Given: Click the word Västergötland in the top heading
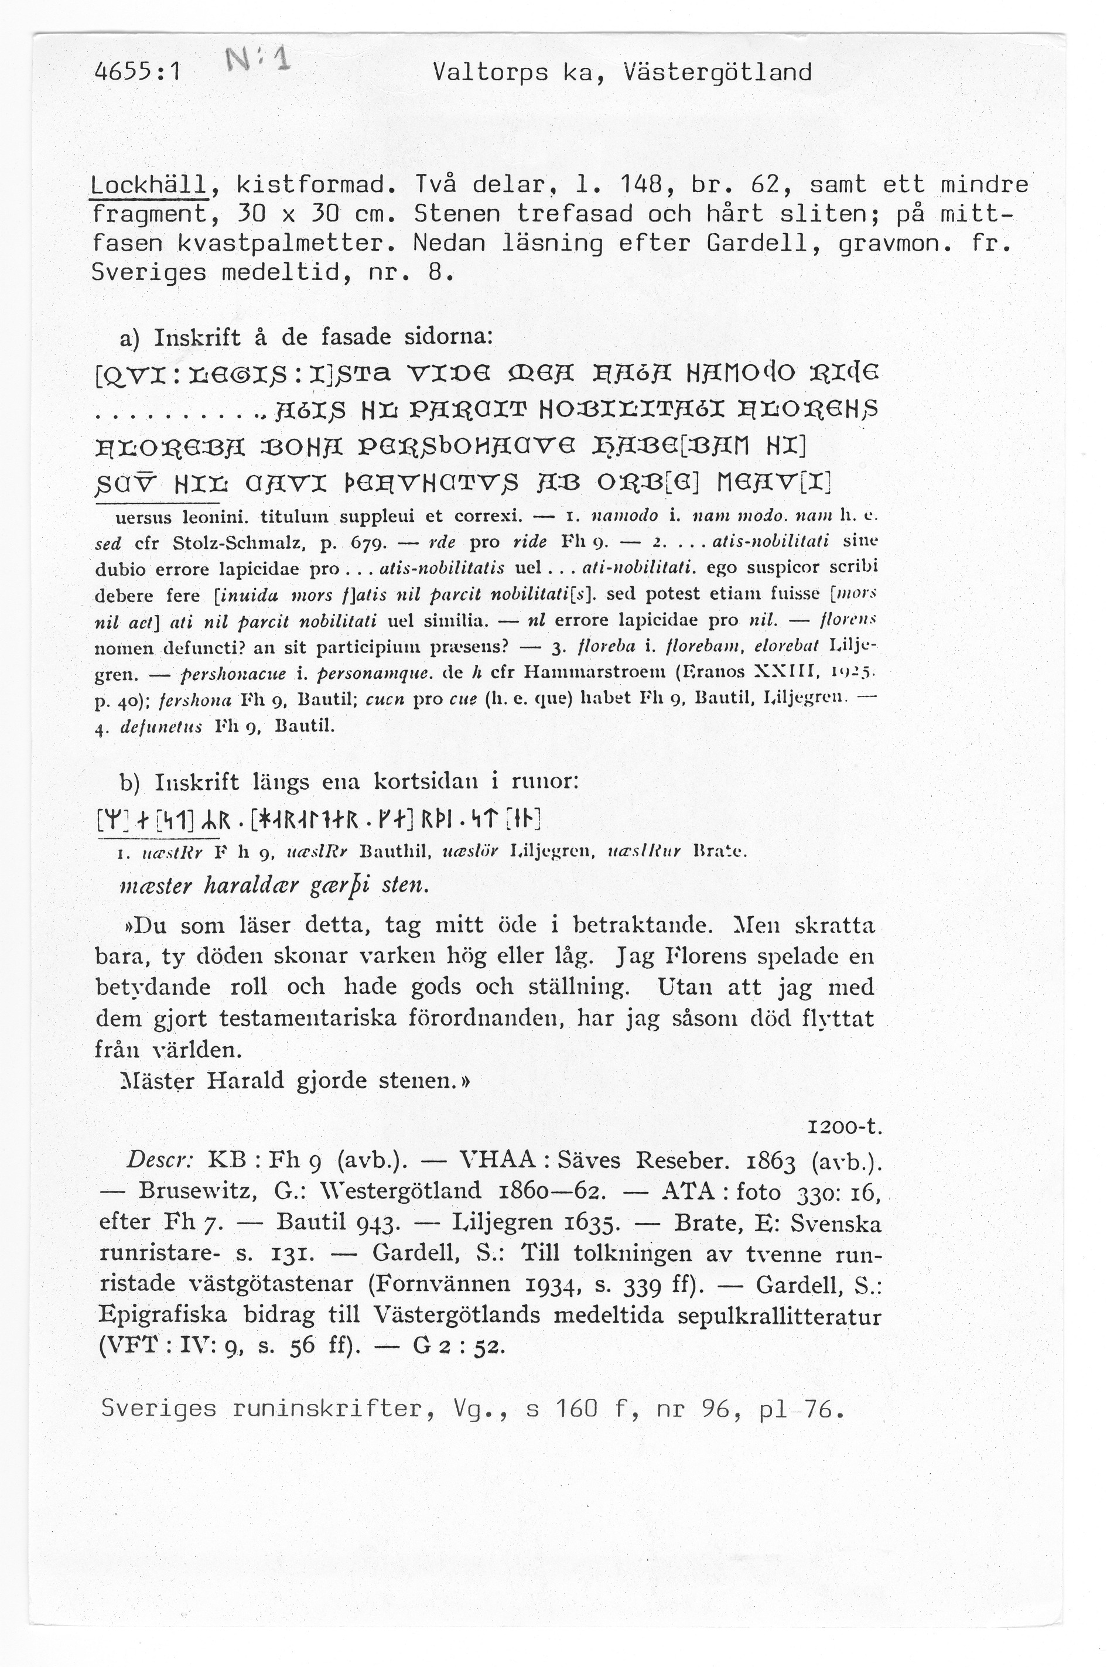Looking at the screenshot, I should pos(718,73).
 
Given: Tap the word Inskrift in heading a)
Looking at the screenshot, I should pos(194,337).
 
